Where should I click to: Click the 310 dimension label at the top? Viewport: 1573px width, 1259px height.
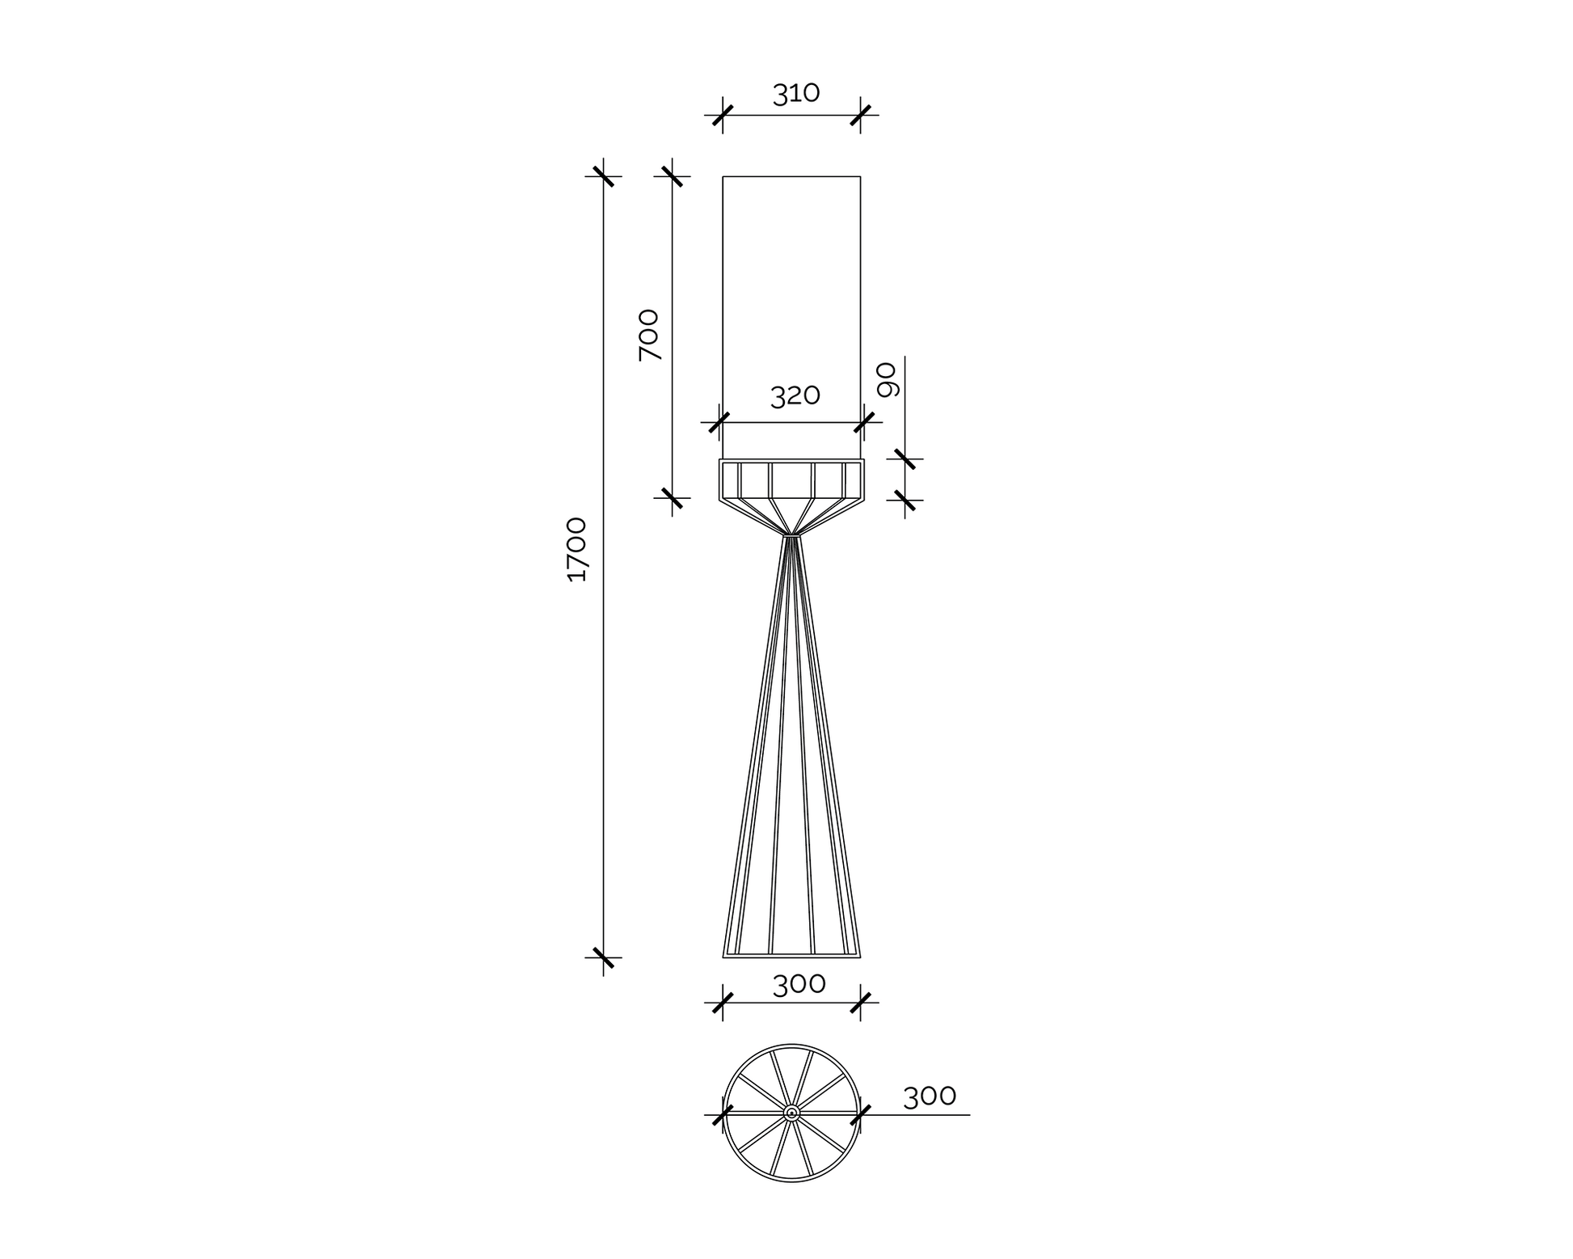point(796,94)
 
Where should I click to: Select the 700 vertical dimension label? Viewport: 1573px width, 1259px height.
point(649,335)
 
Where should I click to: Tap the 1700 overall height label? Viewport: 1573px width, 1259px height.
point(577,550)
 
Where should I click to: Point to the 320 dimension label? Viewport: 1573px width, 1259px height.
point(795,395)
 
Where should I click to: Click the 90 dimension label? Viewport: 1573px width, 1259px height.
point(888,380)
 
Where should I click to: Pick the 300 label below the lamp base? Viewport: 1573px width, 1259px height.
point(799,984)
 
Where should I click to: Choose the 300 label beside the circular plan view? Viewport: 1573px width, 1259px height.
point(930,1096)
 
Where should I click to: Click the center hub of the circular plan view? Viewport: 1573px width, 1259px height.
point(791,1113)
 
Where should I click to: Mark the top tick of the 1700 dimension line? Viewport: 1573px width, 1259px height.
point(603,176)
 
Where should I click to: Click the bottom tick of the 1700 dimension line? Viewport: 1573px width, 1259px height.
point(603,957)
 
